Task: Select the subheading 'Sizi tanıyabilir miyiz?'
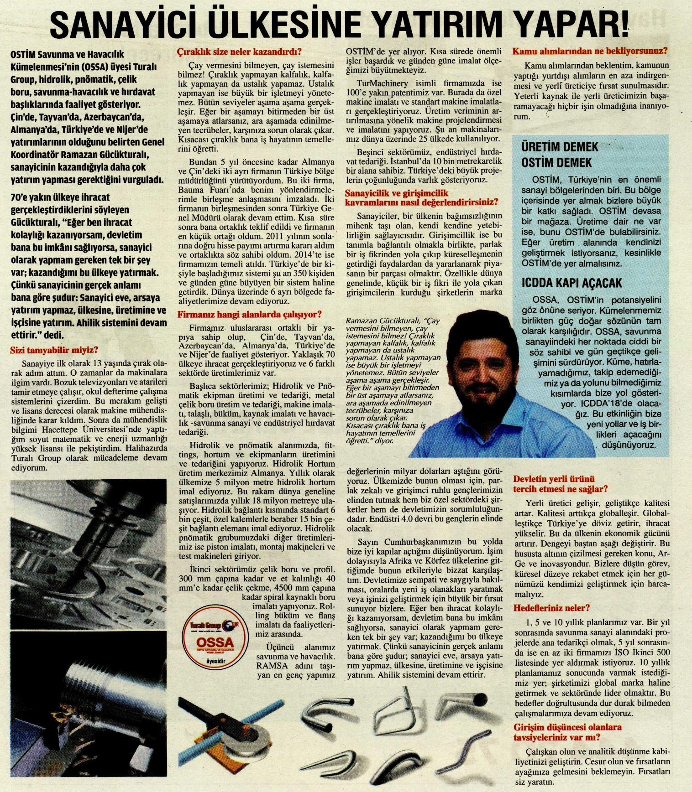(x=55, y=350)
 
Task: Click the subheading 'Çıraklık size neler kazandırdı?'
(x=240, y=52)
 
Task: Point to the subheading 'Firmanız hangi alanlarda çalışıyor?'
(x=249, y=314)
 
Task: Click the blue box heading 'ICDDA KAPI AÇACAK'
(x=571, y=283)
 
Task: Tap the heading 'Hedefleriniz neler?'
(x=551, y=608)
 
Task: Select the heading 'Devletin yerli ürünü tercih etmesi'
(x=561, y=484)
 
